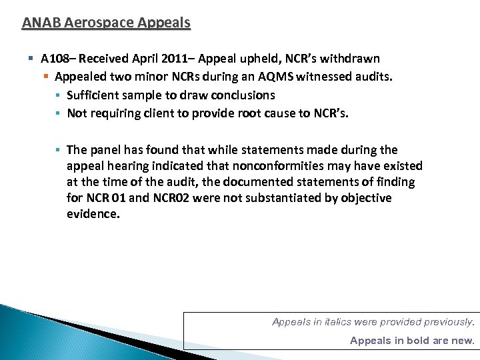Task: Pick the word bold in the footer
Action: coord(413,341)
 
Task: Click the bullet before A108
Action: coord(32,59)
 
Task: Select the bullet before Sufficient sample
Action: coord(59,95)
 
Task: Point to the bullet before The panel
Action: coord(59,150)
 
